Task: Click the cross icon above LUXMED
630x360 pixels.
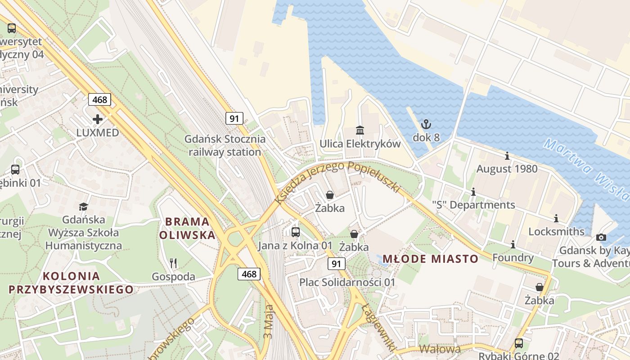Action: click(x=98, y=119)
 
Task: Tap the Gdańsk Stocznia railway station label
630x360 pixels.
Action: click(x=225, y=145)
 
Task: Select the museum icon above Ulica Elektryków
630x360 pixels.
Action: click(x=360, y=130)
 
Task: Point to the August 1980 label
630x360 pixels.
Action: click(x=507, y=169)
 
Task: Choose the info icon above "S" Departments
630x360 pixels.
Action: click(x=473, y=192)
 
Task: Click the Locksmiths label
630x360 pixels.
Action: click(x=556, y=232)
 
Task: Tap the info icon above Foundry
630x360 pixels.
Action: click(x=513, y=244)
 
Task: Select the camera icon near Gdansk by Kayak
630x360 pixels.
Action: click(x=601, y=237)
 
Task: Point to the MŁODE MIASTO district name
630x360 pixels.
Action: click(x=430, y=259)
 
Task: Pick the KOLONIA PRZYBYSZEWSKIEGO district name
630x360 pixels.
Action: click(x=71, y=283)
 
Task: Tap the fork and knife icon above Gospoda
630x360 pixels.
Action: click(x=173, y=263)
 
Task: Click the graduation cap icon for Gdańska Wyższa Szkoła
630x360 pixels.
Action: click(x=84, y=207)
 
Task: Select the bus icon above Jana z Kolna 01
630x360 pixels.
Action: click(x=296, y=232)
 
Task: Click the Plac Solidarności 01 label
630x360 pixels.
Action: click(x=347, y=283)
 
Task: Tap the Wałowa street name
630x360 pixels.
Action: click(x=440, y=349)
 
